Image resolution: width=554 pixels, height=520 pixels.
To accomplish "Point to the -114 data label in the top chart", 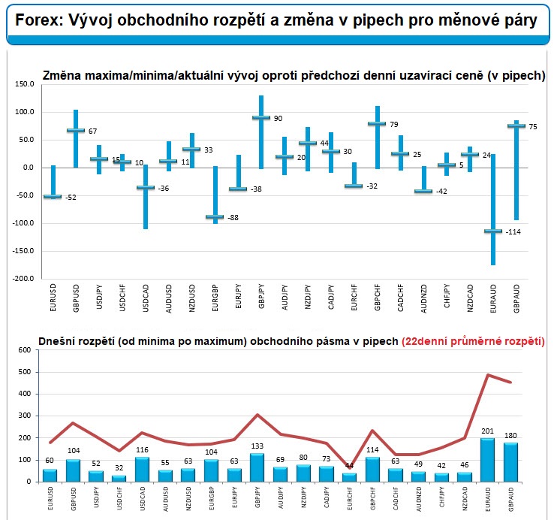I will [x=514, y=231].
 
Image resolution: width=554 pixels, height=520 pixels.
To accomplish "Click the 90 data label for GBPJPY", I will [x=278, y=118].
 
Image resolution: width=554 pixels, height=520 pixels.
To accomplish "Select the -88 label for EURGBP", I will [x=232, y=218].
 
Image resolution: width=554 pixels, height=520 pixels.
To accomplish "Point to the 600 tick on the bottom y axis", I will [x=23, y=349].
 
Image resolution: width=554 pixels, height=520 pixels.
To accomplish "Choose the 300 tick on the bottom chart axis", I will [x=23, y=416].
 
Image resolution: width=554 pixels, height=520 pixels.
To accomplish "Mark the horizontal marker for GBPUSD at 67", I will [x=75, y=130].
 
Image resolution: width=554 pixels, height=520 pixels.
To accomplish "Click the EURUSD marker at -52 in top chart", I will [x=53, y=196].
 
